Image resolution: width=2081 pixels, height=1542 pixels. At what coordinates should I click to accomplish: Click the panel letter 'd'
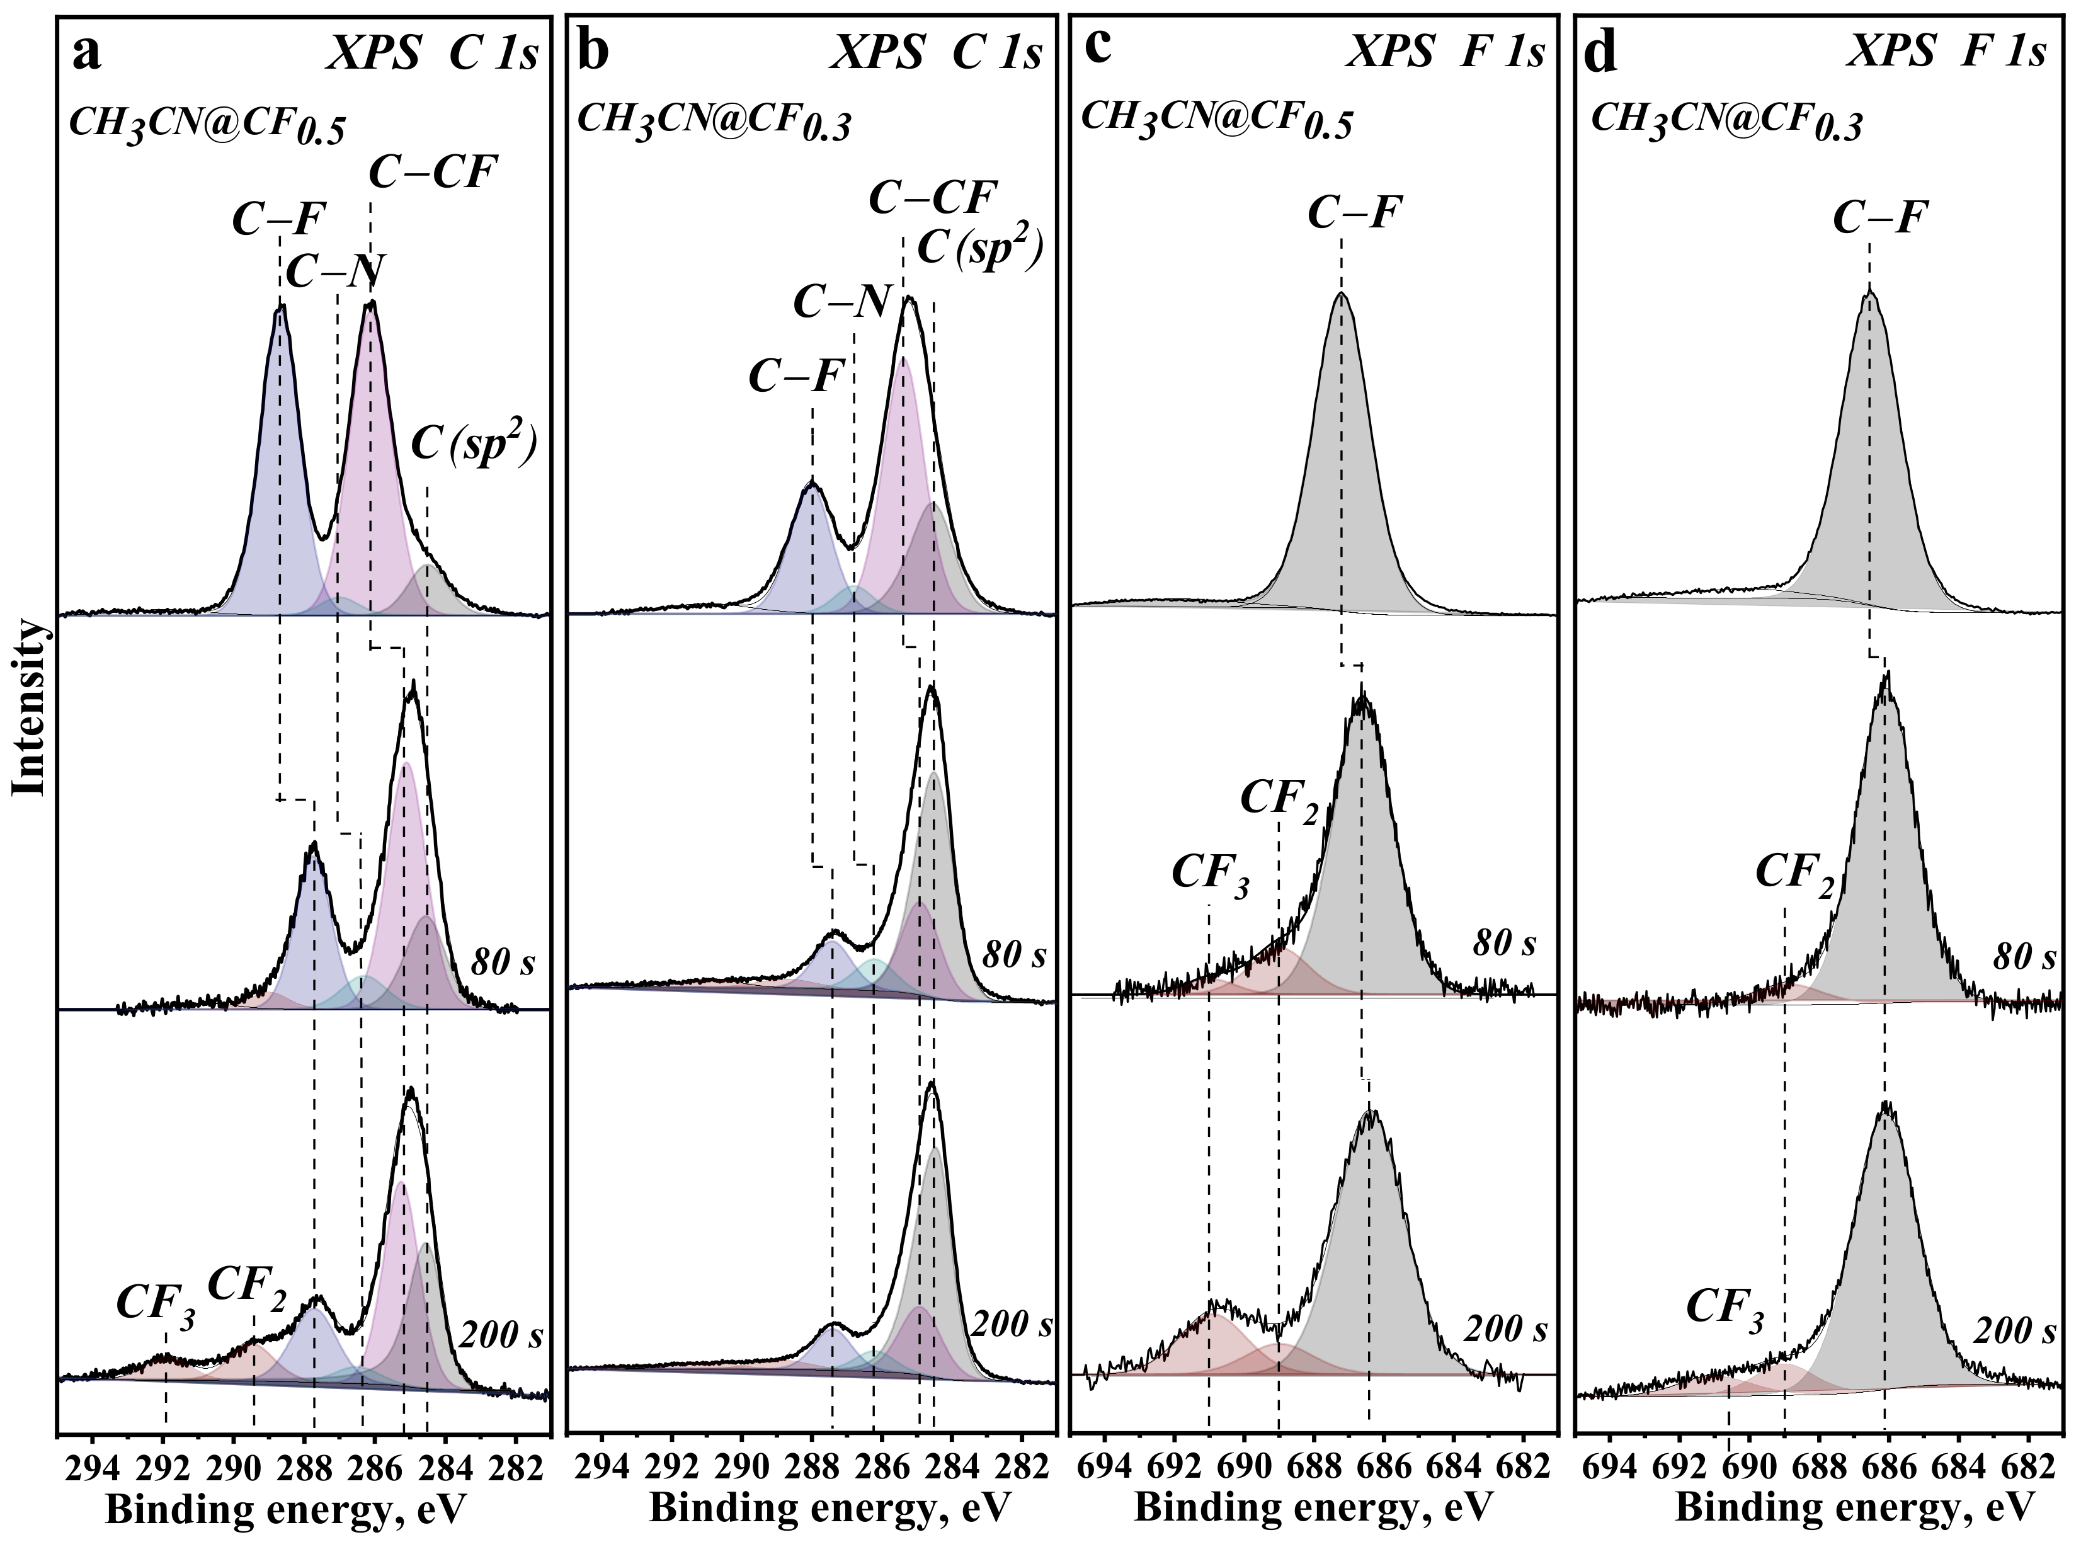[1602, 53]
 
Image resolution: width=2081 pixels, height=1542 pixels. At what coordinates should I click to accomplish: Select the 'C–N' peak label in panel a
[335, 271]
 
